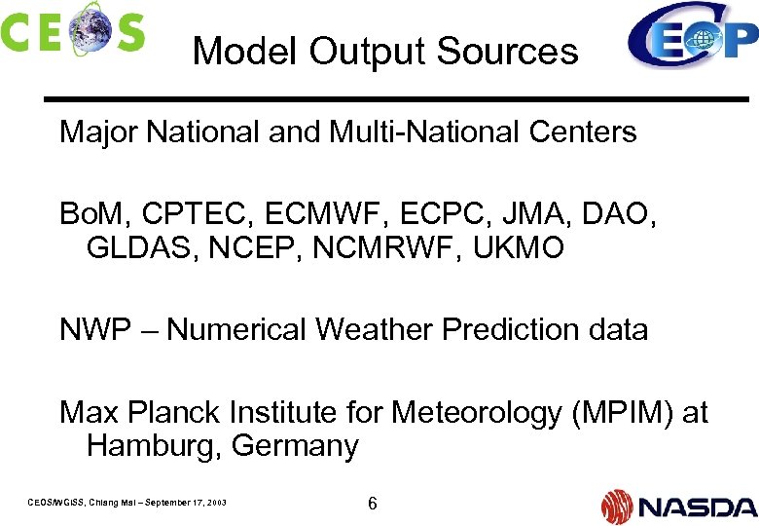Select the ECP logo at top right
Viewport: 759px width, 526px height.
[x=692, y=37]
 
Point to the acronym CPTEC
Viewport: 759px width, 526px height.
[x=203, y=214]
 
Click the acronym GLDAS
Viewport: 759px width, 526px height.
[x=137, y=247]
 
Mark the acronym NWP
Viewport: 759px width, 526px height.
[x=94, y=330]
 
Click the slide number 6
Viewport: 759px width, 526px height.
[x=372, y=504]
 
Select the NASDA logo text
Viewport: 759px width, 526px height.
[x=697, y=507]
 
